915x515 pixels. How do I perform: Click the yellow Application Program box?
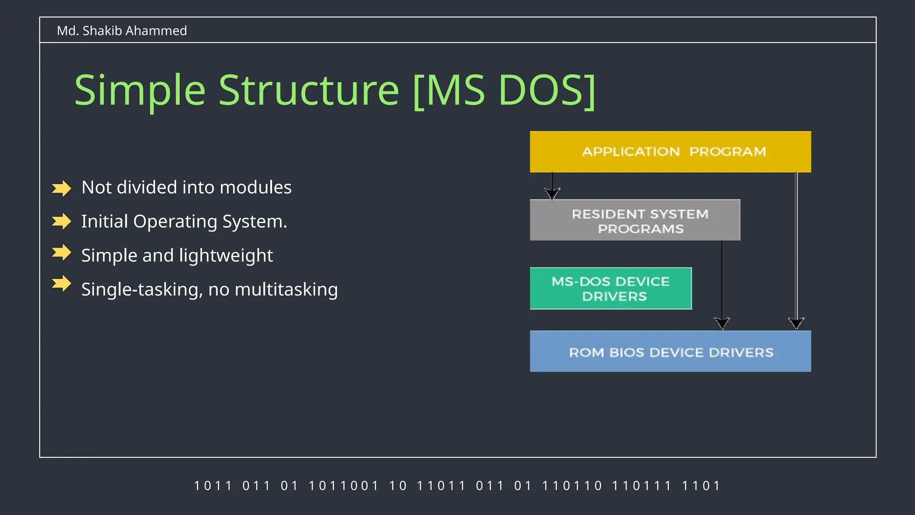pos(670,152)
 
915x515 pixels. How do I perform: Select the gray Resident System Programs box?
pos(635,220)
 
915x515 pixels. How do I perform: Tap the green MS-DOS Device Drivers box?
pos(610,288)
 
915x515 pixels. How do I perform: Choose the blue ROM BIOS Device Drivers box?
pos(670,351)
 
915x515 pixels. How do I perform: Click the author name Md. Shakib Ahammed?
pos(122,31)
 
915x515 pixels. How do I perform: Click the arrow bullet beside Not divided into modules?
pos(62,188)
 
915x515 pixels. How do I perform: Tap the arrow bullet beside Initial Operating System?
pos(62,221)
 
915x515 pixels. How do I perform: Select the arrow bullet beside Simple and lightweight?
pos(62,253)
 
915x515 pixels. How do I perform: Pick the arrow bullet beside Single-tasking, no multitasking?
pos(62,283)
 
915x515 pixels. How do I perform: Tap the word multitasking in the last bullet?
pos(286,290)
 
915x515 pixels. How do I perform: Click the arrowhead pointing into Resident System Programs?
pos(552,193)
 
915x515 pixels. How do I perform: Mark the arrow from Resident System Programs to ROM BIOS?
pos(722,282)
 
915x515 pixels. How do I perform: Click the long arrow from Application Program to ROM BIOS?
pos(796,250)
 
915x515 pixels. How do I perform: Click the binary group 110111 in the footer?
pos(641,485)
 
